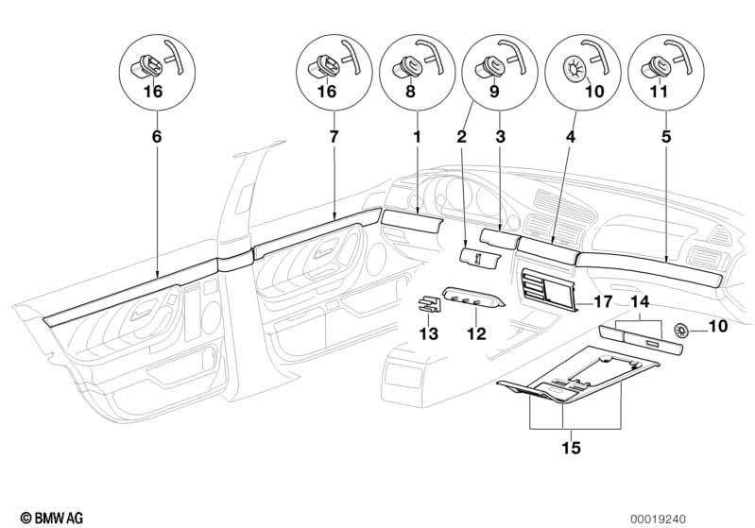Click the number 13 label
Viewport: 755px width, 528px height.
(429, 333)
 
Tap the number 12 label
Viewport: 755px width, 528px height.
(475, 333)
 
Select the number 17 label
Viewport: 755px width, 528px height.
(602, 302)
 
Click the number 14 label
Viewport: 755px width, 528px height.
(640, 302)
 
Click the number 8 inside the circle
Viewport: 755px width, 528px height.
(410, 93)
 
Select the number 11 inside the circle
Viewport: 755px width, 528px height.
(658, 93)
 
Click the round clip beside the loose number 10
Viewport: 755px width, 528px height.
(680, 329)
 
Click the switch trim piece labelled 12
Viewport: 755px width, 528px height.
(473, 299)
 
